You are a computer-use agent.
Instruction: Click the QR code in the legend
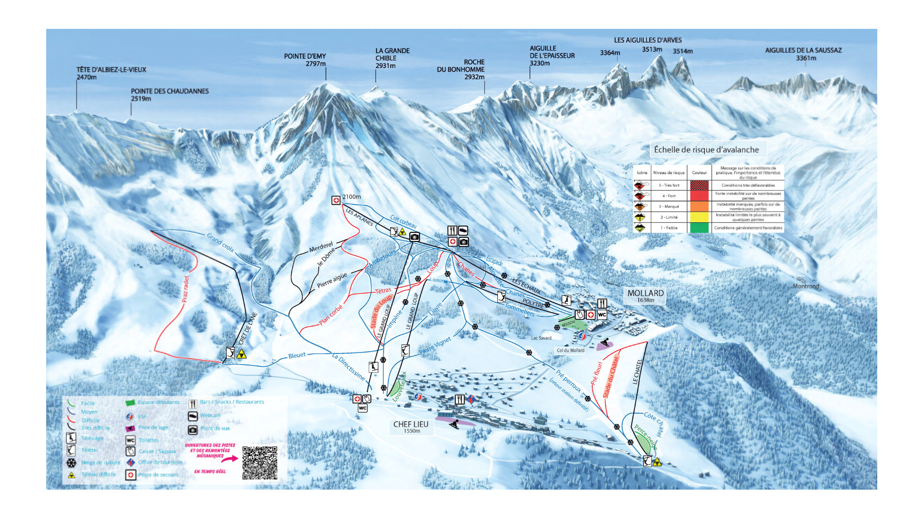(x=260, y=463)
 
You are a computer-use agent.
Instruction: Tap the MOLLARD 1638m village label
(x=645, y=296)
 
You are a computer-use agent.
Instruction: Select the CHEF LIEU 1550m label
(x=411, y=427)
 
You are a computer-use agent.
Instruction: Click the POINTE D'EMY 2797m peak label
(x=305, y=60)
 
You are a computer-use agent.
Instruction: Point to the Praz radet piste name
(x=185, y=289)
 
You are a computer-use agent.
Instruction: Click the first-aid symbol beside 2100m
(x=336, y=200)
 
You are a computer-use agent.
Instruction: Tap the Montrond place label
(x=806, y=286)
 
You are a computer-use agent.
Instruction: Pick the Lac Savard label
(x=541, y=338)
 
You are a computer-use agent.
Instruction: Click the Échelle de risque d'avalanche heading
(x=706, y=150)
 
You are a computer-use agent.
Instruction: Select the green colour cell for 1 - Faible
(x=699, y=228)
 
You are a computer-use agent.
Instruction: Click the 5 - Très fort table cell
(x=669, y=185)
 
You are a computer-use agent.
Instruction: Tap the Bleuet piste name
(x=297, y=355)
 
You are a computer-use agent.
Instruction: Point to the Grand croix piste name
(x=220, y=242)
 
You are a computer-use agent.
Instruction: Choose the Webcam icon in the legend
(x=193, y=416)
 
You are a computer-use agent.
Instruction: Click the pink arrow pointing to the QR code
(x=229, y=459)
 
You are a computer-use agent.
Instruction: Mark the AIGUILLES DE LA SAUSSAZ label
(x=803, y=53)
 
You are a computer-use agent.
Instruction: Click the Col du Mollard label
(x=571, y=350)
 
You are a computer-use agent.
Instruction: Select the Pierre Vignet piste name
(x=435, y=346)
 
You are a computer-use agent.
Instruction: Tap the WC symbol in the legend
(x=130, y=440)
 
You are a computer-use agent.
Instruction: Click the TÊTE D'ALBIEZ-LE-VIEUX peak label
(x=111, y=73)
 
